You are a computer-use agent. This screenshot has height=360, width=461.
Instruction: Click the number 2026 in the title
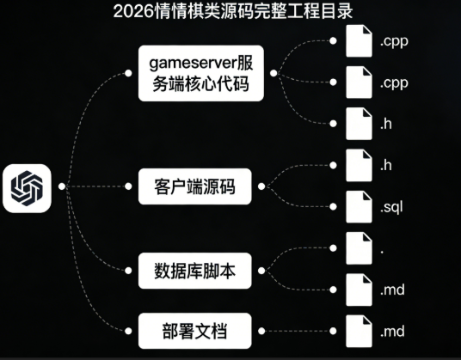(x=131, y=13)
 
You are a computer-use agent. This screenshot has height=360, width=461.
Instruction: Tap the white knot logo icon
(x=28, y=185)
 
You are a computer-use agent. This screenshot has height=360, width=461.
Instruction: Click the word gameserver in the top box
(x=183, y=64)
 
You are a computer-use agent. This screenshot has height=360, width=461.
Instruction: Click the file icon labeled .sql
(x=357, y=207)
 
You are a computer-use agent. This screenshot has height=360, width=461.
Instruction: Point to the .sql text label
(x=392, y=207)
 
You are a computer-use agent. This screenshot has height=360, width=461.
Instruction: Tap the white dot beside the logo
(x=60, y=185)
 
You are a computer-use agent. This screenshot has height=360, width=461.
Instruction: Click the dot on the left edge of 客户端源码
(x=133, y=186)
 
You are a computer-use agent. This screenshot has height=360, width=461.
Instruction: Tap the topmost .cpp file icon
(x=357, y=40)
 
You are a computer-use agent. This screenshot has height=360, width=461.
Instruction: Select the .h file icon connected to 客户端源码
(x=357, y=165)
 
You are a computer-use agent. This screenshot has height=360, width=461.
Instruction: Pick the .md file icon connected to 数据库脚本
(x=357, y=290)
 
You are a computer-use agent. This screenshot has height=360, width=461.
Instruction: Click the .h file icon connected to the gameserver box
(x=357, y=124)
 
